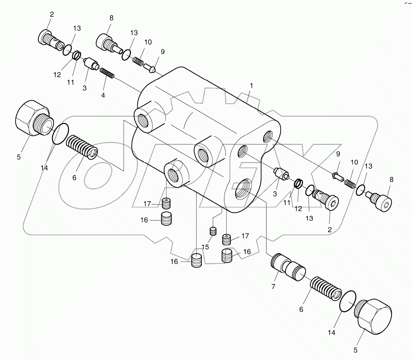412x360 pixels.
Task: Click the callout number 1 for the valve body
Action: pyautogui.click(x=251, y=86)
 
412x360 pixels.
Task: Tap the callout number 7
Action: pyautogui.click(x=273, y=287)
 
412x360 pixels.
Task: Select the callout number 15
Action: pyautogui.click(x=206, y=247)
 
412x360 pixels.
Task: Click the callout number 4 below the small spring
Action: pyautogui.click(x=103, y=95)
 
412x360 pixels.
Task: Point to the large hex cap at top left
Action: pyautogui.click(x=32, y=118)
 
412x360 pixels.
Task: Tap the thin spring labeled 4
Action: pyautogui.click(x=107, y=73)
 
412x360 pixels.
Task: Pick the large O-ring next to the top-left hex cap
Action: pyautogui.click(x=60, y=134)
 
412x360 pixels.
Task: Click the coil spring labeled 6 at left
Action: pyautogui.click(x=81, y=147)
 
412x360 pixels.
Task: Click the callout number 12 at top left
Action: pyautogui.click(x=57, y=75)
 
